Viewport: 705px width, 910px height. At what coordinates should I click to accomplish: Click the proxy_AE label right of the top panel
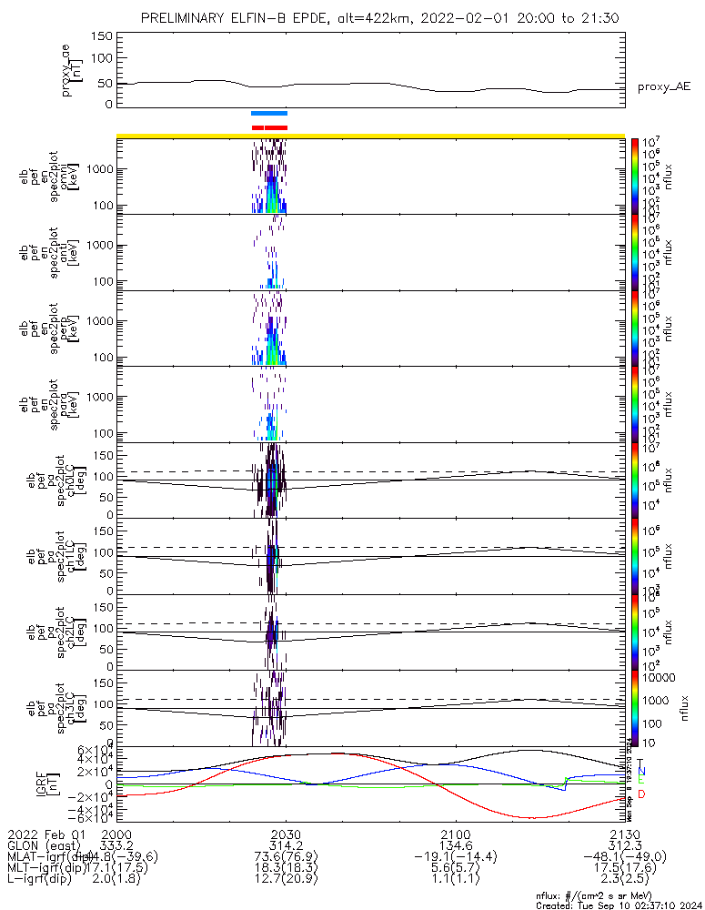coord(663,86)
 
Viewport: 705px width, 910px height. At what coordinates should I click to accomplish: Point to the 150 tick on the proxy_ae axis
coord(102,35)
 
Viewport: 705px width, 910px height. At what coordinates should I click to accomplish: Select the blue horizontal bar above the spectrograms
coord(269,114)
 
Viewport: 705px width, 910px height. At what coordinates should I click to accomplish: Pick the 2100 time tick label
coord(455,834)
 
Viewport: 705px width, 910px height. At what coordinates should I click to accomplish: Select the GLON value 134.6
coord(455,845)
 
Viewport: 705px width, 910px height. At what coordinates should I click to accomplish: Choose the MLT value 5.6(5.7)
coord(455,869)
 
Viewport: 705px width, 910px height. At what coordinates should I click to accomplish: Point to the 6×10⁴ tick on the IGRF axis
coord(94,751)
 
